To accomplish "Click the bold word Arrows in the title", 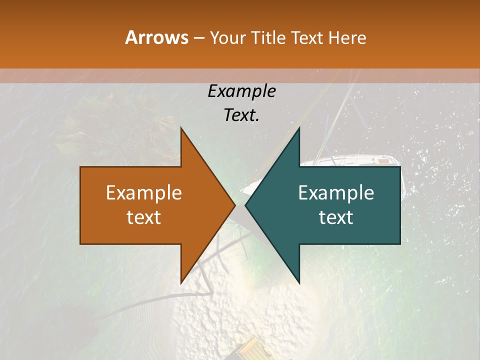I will [x=156, y=37].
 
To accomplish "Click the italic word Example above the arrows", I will [x=241, y=91].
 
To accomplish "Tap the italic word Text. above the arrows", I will [x=241, y=115].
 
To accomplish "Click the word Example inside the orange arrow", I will [x=143, y=193].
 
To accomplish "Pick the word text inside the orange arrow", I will [x=143, y=217].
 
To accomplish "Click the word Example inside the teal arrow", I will [x=336, y=193].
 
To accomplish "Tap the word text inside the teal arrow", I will [x=336, y=217].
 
